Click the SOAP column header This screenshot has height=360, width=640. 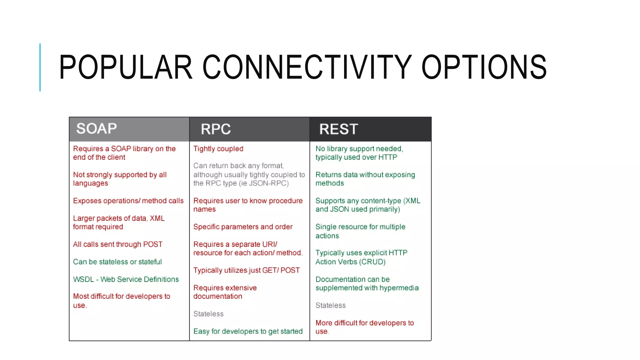tap(97, 129)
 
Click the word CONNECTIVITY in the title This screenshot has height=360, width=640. tap(307, 67)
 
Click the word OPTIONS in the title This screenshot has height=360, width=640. tap(484, 67)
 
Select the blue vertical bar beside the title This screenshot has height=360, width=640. tap(40, 67)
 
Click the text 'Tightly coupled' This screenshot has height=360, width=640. tap(218, 149)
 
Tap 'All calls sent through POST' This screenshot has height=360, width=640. tap(117, 244)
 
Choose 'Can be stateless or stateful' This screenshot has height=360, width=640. tap(117, 262)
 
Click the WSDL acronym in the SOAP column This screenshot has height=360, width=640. tap(83, 279)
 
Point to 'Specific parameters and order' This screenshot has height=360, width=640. tap(243, 227)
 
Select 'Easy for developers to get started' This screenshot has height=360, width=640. tap(248, 331)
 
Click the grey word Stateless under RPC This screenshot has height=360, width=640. tap(208, 314)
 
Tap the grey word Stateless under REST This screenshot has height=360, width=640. tap(330, 305)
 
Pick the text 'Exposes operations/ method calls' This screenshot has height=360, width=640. tap(128, 201)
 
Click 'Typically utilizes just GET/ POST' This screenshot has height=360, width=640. tap(246, 270)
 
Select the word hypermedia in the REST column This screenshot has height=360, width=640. tap(399, 288)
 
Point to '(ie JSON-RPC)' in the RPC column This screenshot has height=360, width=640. tap(263, 183)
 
